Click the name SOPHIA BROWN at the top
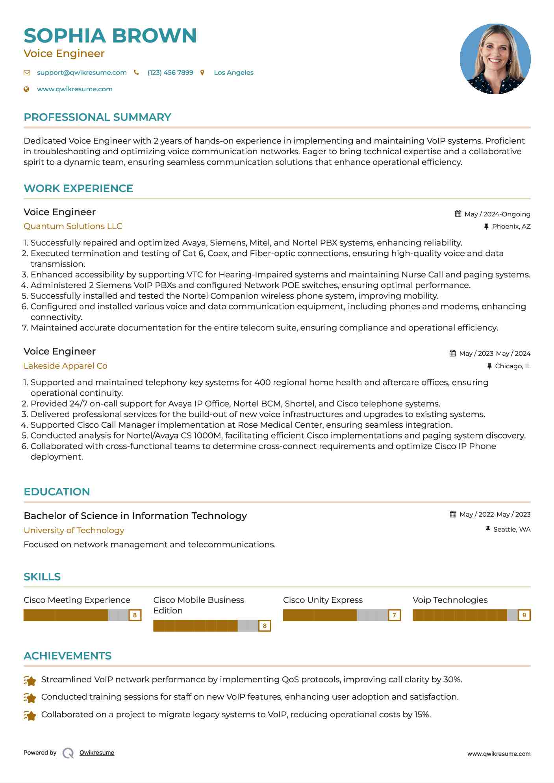click(x=110, y=36)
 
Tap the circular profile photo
click(x=495, y=59)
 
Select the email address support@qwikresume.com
click(x=82, y=73)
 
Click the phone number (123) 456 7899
click(x=170, y=73)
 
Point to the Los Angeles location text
click(x=233, y=73)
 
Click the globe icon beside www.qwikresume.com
click(x=27, y=89)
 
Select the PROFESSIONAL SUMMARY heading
click(x=97, y=117)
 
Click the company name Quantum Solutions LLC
click(x=73, y=226)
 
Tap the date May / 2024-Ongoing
click(x=497, y=214)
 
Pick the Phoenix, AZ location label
click(x=511, y=227)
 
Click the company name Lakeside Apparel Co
click(x=65, y=366)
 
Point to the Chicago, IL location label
click(x=513, y=366)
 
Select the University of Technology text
click(x=74, y=530)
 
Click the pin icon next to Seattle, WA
click(x=488, y=529)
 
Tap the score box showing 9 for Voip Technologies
click(x=524, y=615)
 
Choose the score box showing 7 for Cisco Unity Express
click(x=394, y=615)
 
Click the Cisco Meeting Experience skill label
click(x=77, y=600)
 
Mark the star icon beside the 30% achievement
click(x=30, y=680)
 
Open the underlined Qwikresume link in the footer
click(x=97, y=753)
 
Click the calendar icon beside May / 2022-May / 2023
click(x=453, y=514)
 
